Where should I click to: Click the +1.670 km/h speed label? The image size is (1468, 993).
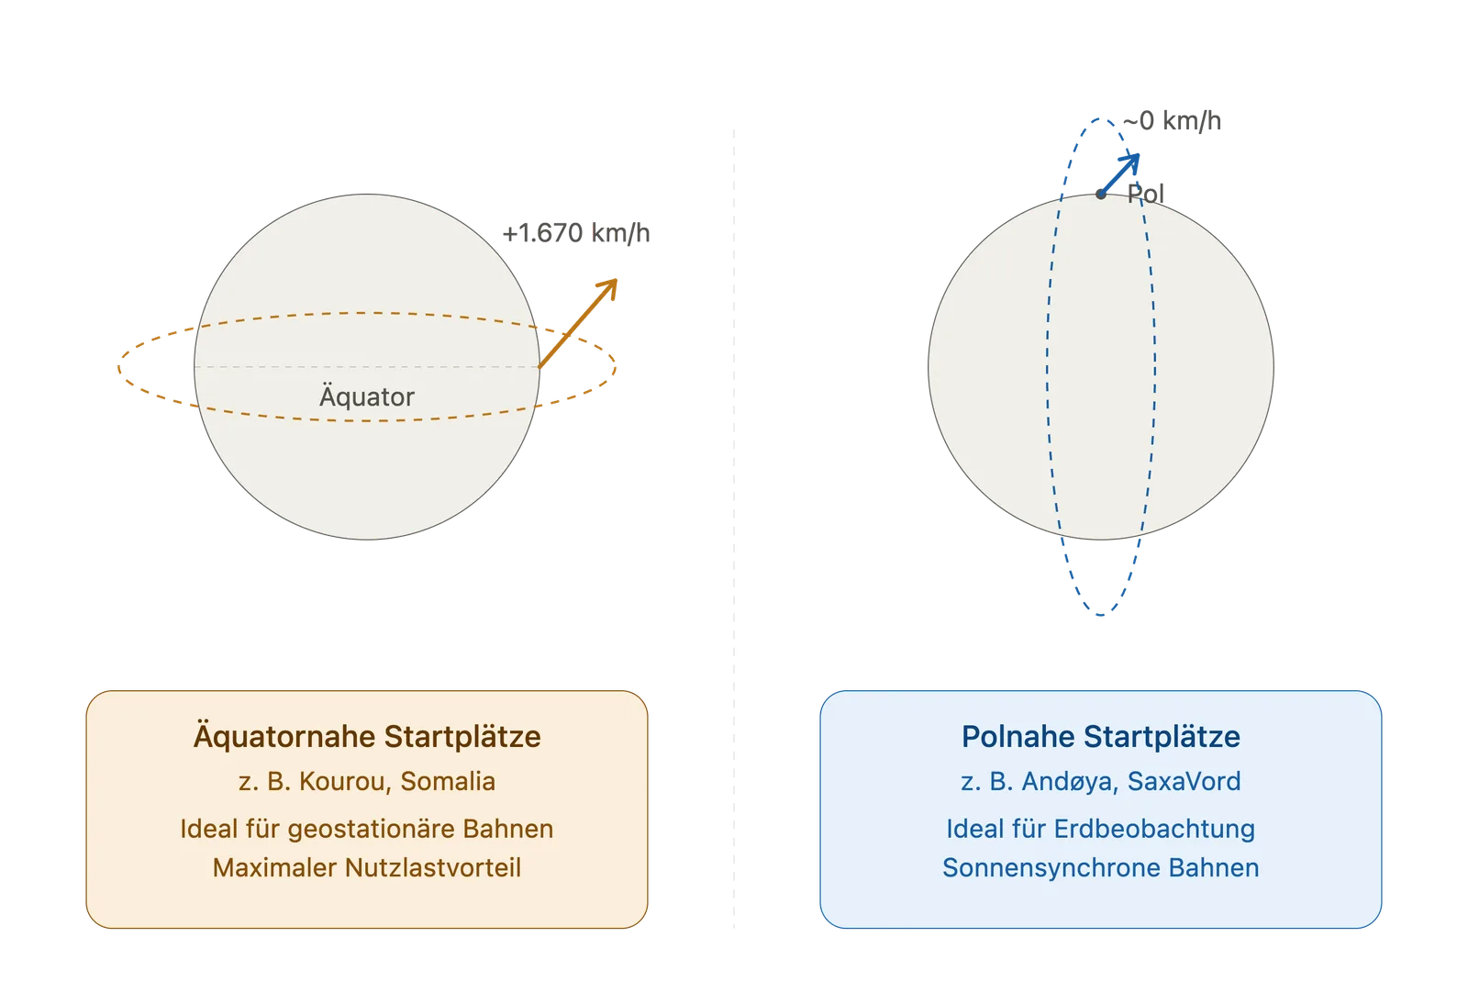pos(576,233)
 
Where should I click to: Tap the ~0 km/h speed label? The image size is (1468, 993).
pos(1172,121)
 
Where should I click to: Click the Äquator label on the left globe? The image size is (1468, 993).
pos(367,396)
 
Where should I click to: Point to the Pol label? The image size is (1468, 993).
pos(1146,194)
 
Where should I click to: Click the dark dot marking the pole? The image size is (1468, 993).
pos(1101,194)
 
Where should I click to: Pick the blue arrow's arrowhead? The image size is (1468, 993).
pos(1131,163)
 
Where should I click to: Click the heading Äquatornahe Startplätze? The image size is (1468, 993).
pos(367,737)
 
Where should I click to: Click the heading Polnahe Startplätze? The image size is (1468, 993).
pos(1101,737)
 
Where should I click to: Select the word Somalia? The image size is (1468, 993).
pos(449,781)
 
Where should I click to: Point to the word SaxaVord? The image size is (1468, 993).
pos(1184,781)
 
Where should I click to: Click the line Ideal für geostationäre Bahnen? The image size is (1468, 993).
pos(367,829)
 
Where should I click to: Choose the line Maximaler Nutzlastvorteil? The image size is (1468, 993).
pos(367,868)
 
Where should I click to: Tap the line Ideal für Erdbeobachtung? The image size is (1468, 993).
pos(1101,829)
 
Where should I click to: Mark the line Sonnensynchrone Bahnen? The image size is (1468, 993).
pos(1101,868)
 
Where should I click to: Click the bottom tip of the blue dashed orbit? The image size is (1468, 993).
pos(1101,615)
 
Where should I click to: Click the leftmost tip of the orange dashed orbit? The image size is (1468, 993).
pos(118,367)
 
